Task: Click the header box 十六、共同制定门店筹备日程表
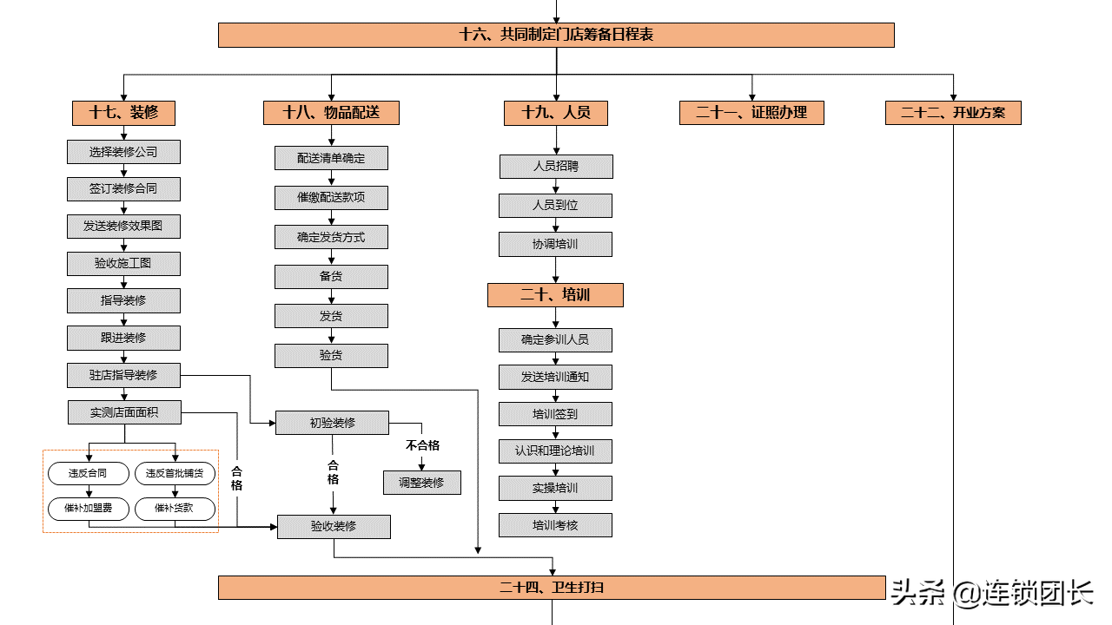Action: tap(556, 35)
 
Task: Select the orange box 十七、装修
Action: tap(123, 113)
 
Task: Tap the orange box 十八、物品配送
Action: tap(331, 113)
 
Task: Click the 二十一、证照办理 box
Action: tap(751, 113)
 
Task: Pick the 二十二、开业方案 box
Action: tap(953, 113)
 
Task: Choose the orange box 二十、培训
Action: tap(555, 295)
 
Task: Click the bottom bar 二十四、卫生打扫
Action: tap(552, 588)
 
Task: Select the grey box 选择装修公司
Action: tap(123, 152)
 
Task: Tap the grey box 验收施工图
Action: tap(123, 263)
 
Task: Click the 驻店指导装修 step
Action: tap(123, 376)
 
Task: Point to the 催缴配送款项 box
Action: tap(331, 198)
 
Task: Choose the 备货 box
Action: tap(331, 277)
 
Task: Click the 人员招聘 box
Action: tap(556, 166)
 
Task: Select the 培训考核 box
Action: tap(555, 525)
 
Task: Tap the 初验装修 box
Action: tap(332, 423)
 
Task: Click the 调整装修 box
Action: tap(422, 483)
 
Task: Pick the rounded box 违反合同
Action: tap(89, 473)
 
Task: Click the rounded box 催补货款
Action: tap(175, 509)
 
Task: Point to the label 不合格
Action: tap(422, 445)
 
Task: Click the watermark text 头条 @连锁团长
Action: tap(992, 593)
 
